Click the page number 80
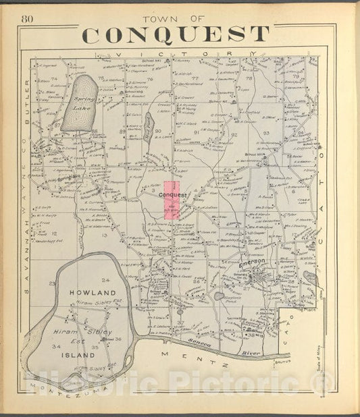coord(28,18)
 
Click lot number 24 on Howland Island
coord(105,279)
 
